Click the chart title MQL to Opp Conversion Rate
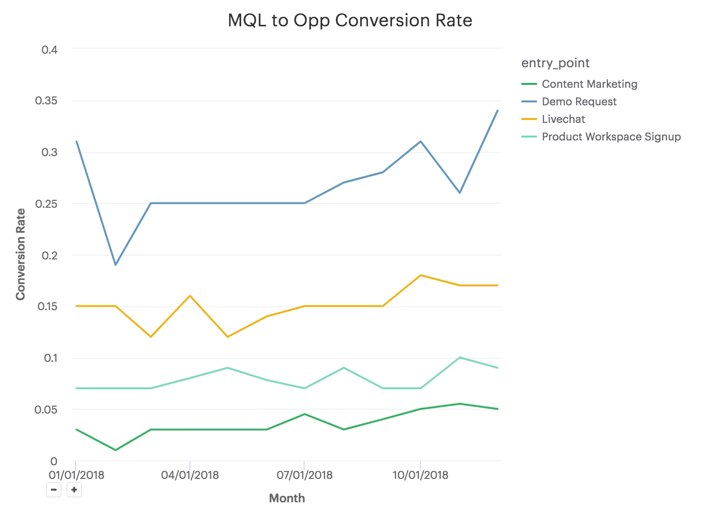(x=350, y=20)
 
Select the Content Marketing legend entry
(x=589, y=84)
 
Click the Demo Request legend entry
(x=579, y=101)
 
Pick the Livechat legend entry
(x=563, y=119)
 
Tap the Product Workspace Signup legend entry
(x=611, y=137)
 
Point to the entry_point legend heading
(x=555, y=63)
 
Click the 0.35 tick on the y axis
(x=46, y=101)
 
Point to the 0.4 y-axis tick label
(x=49, y=50)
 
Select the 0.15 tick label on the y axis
(x=46, y=306)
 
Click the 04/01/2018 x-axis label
(x=190, y=475)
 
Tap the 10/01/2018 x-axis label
(x=420, y=475)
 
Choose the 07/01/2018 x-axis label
(x=305, y=475)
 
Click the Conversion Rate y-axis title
(x=20, y=254)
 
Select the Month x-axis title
(x=287, y=498)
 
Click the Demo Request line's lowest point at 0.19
(x=115, y=265)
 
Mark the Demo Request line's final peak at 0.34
(x=497, y=111)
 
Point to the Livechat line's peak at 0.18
(x=420, y=275)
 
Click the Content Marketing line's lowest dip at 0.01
(x=115, y=450)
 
